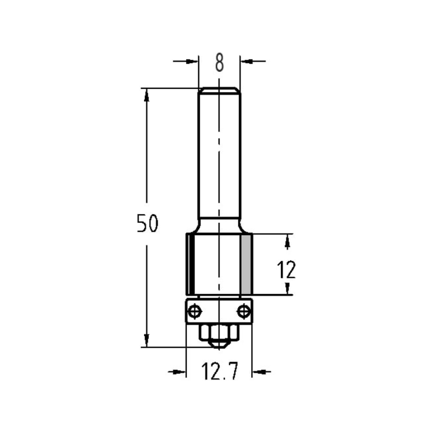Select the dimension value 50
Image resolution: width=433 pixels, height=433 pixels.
click(148, 223)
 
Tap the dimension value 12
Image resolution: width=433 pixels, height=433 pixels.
click(286, 271)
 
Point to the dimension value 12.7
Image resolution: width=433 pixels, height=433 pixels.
click(220, 372)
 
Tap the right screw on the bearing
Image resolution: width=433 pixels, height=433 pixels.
click(244, 310)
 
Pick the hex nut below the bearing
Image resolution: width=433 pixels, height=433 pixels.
click(220, 332)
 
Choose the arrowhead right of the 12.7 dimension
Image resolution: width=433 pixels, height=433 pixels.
click(259, 371)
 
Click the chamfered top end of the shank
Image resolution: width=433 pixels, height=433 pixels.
click(219, 90)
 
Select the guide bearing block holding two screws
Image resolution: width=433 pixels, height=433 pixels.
click(220, 310)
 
